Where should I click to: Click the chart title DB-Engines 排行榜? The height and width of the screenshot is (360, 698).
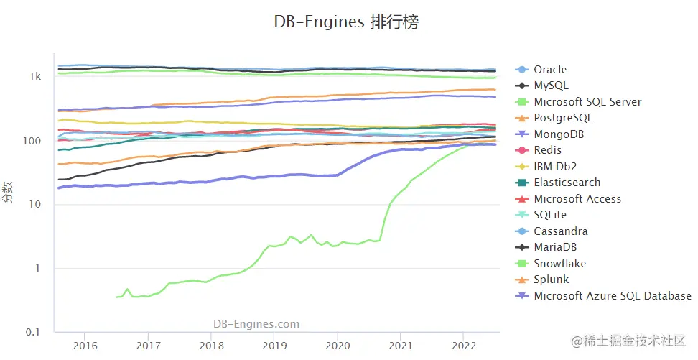click(x=346, y=22)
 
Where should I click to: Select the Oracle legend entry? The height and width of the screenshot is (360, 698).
click(x=550, y=70)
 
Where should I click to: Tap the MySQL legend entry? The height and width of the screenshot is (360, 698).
click(x=550, y=86)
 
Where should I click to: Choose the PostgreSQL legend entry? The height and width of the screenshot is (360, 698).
click(x=563, y=118)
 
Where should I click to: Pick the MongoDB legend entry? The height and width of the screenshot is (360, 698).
click(x=558, y=134)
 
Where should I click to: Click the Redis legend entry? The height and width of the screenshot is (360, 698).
click(x=548, y=150)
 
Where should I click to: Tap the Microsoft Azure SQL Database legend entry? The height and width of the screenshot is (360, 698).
click(x=612, y=296)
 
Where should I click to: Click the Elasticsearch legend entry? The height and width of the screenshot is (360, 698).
click(x=567, y=183)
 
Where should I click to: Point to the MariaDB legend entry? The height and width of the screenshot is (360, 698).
click(x=555, y=247)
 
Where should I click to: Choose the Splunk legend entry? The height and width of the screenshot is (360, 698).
click(x=551, y=280)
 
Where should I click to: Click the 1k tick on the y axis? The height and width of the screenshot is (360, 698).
click(x=35, y=77)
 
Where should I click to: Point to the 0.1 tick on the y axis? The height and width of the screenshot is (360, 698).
click(x=33, y=332)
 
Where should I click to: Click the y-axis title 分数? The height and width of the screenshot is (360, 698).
click(x=9, y=193)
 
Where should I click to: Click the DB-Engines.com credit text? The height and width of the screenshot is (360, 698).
click(x=256, y=324)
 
